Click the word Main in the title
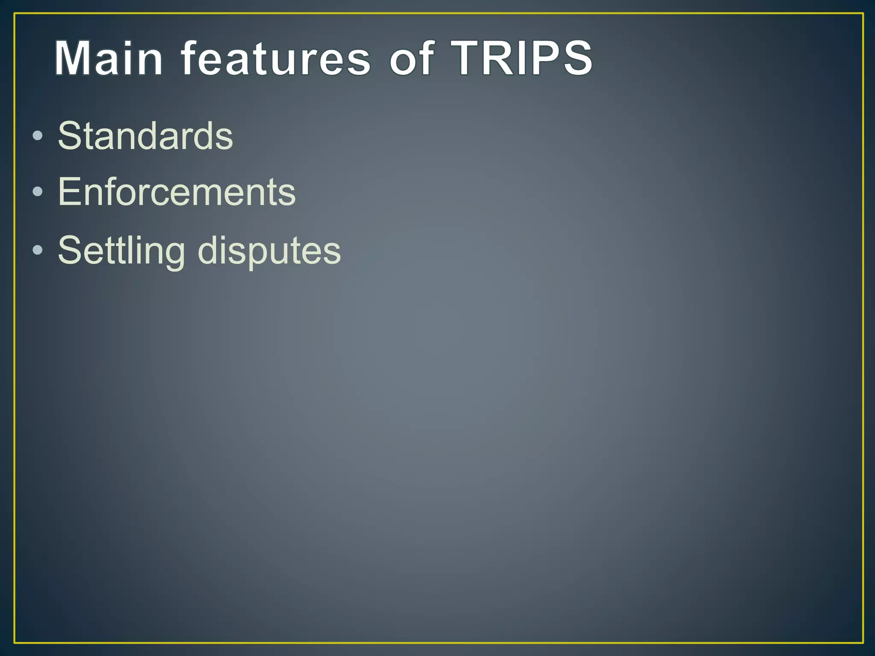pos(109,59)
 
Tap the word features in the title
pos(276,59)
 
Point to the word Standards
pos(145,136)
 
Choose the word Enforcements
pos(176,192)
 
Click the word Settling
pos(121,251)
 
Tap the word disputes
pos(269,251)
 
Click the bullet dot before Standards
pos(38,136)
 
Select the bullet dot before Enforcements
pos(38,192)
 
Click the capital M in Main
pos(73,59)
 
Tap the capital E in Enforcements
pos(68,192)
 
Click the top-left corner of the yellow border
pos(15,14)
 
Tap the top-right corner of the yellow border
pos(863,14)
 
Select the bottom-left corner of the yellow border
pos(15,643)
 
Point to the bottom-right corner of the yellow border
pos(863,643)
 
